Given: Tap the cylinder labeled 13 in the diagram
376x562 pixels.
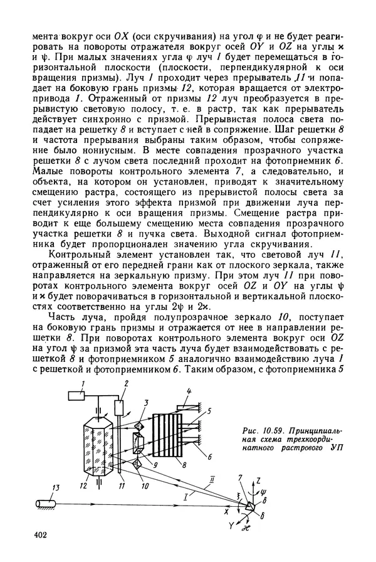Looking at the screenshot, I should click(44, 502).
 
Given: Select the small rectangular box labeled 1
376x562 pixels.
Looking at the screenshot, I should click(78, 396).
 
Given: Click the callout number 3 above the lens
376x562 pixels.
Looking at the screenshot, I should click(145, 402).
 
